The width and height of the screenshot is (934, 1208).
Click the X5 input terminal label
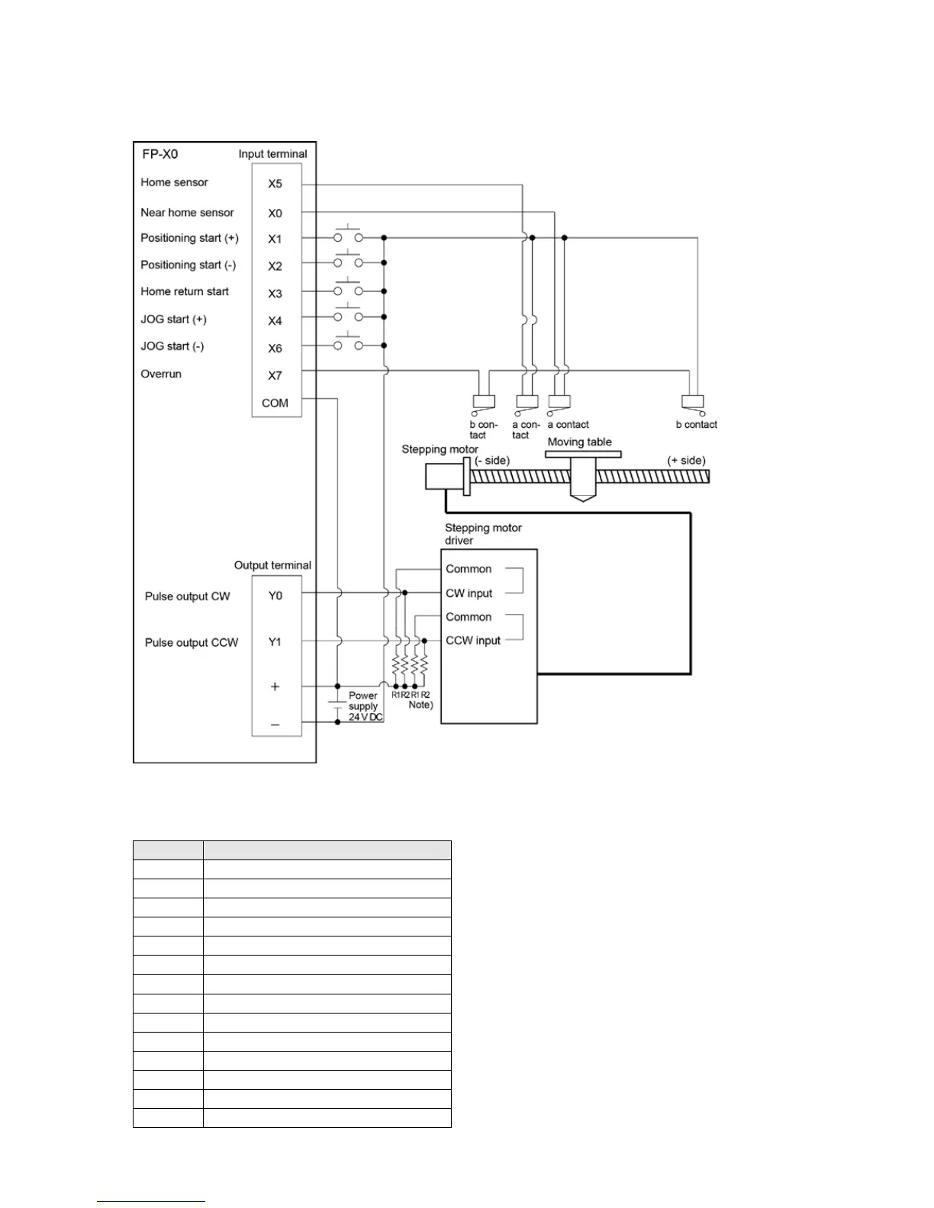(x=275, y=184)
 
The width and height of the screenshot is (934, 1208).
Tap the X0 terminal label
(x=275, y=214)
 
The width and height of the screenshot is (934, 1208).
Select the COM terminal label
(x=275, y=403)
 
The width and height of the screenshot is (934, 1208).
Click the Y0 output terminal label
(x=275, y=596)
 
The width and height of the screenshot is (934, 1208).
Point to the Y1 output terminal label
(x=275, y=642)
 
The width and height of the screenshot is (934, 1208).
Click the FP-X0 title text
(x=160, y=154)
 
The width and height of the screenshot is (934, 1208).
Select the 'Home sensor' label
(x=174, y=182)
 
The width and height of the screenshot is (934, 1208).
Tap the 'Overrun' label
(x=161, y=374)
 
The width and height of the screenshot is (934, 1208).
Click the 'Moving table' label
(x=579, y=442)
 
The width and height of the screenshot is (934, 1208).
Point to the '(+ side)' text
(x=686, y=461)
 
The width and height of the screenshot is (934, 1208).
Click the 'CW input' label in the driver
(x=469, y=593)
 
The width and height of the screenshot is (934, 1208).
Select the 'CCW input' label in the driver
(x=473, y=641)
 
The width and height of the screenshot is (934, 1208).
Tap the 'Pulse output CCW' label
(x=192, y=642)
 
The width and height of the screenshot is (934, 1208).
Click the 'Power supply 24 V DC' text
(x=365, y=706)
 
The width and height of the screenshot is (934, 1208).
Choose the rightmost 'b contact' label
(x=696, y=425)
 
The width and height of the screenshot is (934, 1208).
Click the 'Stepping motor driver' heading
(x=482, y=534)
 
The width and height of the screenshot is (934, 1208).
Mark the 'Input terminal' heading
(x=272, y=154)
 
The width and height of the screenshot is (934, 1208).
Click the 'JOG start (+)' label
(x=173, y=319)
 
